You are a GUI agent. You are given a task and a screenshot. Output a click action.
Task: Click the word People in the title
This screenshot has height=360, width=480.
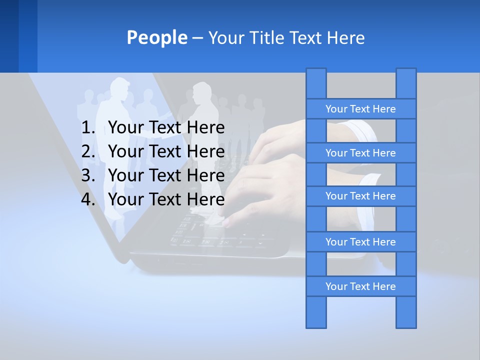(157, 37)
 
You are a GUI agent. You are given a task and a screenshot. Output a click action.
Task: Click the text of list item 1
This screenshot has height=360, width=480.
(166, 128)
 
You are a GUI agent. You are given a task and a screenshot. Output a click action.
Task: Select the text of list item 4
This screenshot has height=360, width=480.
(166, 199)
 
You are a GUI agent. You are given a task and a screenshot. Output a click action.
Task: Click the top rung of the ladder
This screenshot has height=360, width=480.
(360, 109)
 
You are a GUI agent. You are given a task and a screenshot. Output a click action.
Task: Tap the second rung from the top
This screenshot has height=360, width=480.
(360, 153)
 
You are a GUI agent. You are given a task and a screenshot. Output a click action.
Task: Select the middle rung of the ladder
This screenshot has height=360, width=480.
(360, 196)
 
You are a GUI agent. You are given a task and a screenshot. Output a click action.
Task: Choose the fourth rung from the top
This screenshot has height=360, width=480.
(360, 242)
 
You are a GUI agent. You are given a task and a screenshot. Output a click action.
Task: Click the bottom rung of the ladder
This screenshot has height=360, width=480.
(360, 286)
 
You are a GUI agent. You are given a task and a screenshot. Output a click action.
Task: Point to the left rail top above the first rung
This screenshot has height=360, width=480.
(316, 83)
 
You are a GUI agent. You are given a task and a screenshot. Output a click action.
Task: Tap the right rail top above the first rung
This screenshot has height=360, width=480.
(406, 83)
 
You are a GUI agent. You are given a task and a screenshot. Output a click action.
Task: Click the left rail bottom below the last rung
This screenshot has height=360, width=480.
(316, 312)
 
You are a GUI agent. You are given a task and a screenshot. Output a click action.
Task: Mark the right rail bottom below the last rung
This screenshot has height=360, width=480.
(406, 312)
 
